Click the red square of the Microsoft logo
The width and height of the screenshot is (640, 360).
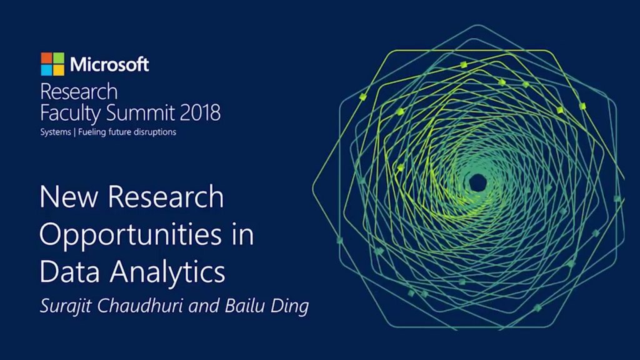pyautogui.click(x=46, y=58)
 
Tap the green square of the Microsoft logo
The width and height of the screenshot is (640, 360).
pyautogui.click(x=57, y=58)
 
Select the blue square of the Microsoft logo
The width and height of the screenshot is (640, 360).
pyautogui.click(x=46, y=69)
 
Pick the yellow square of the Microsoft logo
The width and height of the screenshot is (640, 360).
pyautogui.click(x=57, y=69)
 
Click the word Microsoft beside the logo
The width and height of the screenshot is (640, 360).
pyautogui.click(x=109, y=64)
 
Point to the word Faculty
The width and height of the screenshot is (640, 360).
pyautogui.click(x=67, y=114)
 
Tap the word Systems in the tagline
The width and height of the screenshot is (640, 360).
pyautogui.click(x=56, y=133)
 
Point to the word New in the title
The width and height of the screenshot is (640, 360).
pyautogui.click(x=64, y=198)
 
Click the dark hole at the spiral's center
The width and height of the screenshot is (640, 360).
pyautogui.click(x=477, y=183)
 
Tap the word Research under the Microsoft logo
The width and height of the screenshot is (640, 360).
pyautogui.click(x=79, y=92)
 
